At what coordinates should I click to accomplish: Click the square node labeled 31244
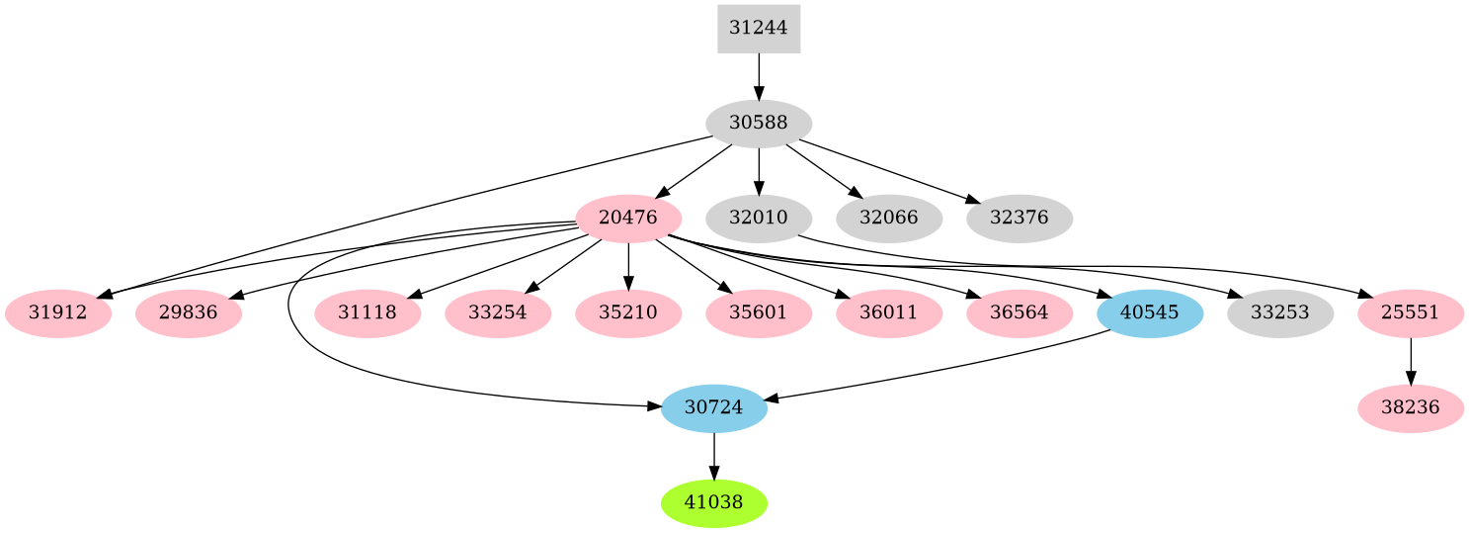tap(758, 29)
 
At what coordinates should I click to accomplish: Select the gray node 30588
tap(758, 124)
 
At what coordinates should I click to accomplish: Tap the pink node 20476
tap(628, 219)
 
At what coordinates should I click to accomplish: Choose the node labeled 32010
tap(758, 219)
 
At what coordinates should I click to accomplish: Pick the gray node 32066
tap(888, 219)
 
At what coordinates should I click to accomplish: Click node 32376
tap(1019, 219)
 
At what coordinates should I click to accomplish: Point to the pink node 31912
tap(57, 313)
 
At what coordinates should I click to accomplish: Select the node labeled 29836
tap(188, 313)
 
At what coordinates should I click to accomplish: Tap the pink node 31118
tap(367, 313)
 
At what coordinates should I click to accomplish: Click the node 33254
tap(498, 313)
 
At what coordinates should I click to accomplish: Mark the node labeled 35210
tap(628, 313)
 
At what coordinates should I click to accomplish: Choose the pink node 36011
tap(888, 313)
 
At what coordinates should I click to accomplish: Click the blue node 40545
tap(1149, 313)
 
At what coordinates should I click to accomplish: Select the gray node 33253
tap(1279, 313)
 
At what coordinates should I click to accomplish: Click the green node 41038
tap(713, 503)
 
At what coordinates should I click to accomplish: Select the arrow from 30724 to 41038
tap(713, 456)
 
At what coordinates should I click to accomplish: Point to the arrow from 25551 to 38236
tap(1410, 361)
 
